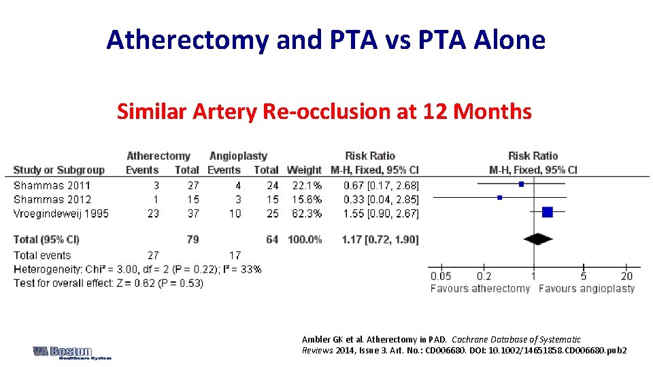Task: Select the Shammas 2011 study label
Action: [52, 186]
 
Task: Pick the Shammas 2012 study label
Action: [52, 199]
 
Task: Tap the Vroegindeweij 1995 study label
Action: [61, 213]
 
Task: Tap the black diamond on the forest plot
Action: [538, 239]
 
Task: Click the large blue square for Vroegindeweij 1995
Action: [548, 212]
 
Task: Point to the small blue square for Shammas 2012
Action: [500, 198]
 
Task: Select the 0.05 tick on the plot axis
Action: [441, 277]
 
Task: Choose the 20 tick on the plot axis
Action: [626, 277]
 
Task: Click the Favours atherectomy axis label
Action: [480, 288]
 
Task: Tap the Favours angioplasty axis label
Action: [586, 288]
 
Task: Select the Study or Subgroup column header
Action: [59, 170]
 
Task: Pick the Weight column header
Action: [305, 170]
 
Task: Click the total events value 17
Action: [234, 256]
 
